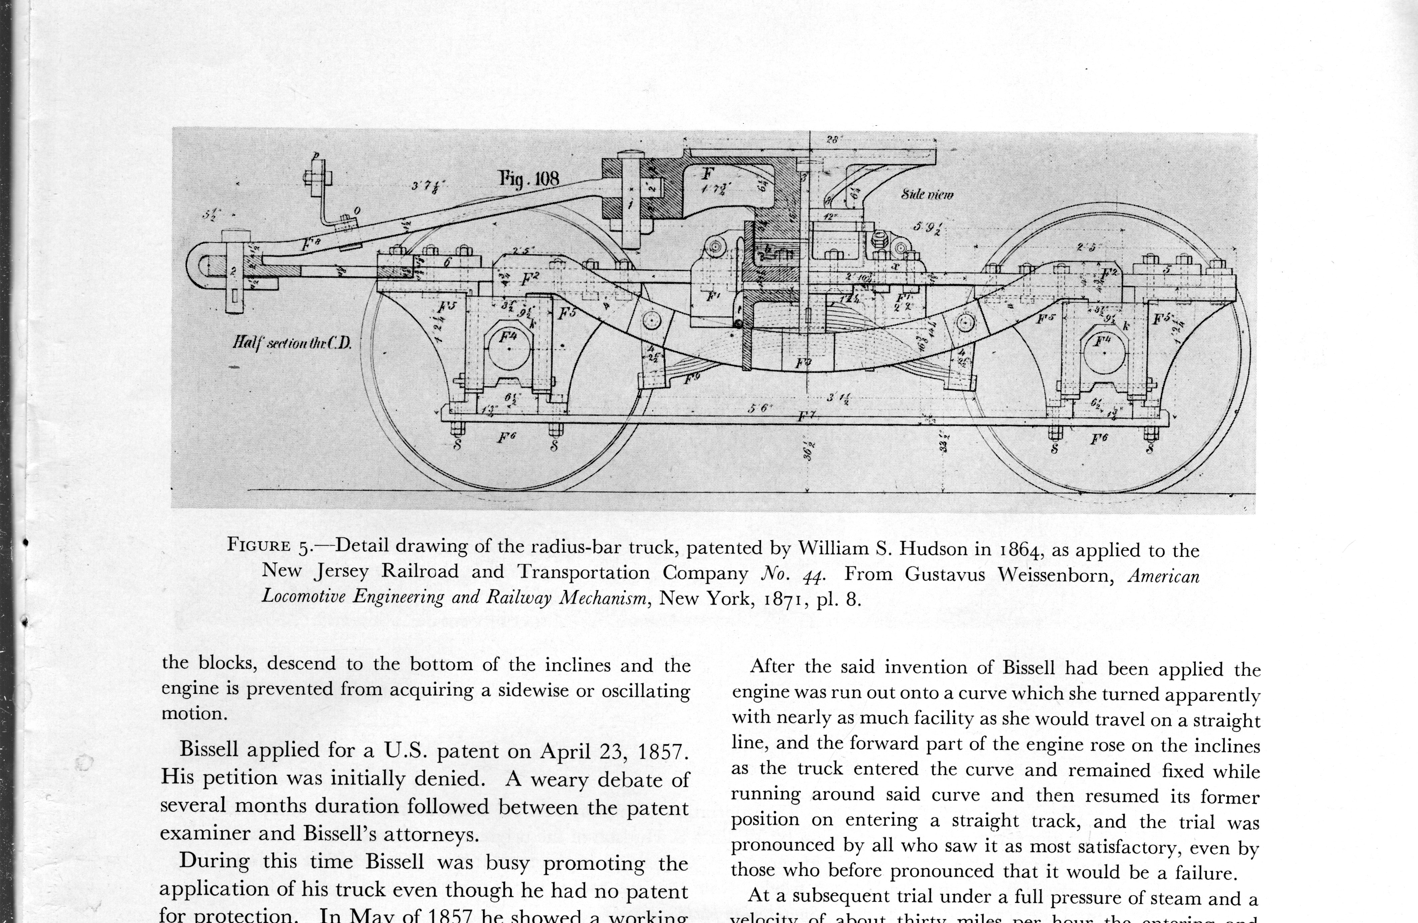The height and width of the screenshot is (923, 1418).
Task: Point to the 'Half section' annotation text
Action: tap(292, 343)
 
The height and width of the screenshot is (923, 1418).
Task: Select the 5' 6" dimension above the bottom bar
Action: tap(760, 409)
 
